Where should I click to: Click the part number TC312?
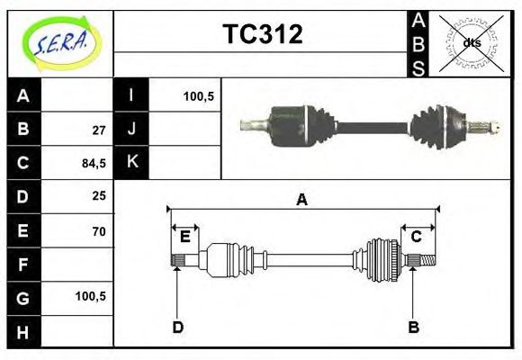tap(262, 35)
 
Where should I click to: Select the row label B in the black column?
tap(23, 130)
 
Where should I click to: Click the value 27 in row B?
tap(99, 130)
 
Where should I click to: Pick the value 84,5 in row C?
tap(94, 163)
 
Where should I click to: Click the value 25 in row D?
tap(99, 196)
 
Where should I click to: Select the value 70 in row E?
tap(99, 230)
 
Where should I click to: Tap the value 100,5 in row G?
tap(92, 296)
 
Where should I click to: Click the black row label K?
tap(131, 163)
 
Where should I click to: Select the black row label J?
tap(131, 130)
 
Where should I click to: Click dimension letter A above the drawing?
tap(302, 200)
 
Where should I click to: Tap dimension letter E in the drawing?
tap(184, 237)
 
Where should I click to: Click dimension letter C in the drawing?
tap(417, 237)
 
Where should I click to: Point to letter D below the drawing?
tap(177, 327)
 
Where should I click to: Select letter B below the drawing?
tap(414, 327)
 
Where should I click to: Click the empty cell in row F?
tap(77, 264)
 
